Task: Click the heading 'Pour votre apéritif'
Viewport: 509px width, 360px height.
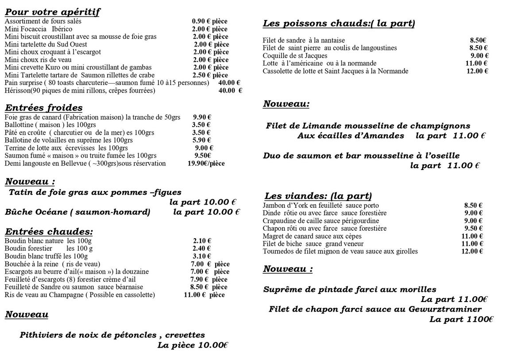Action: click(x=52, y=12)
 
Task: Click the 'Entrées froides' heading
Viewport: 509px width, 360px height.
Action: click(x=43, y=108)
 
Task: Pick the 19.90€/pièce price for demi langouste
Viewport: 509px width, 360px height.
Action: click(x=206, y=163)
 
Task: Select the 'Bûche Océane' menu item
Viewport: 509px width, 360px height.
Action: click(x=77, y=212)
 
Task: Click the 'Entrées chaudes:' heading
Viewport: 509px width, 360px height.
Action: click(x=49, y=231)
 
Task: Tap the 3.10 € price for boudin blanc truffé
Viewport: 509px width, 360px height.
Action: click(x=202, y=256)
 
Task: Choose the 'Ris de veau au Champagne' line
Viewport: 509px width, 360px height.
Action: click(x=80, y=294)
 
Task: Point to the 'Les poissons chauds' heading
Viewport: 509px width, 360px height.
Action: click(x=339, y=23)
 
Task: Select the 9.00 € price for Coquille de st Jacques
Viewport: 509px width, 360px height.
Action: click(x=479, y=56)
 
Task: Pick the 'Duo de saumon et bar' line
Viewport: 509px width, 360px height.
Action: click(x=361, y=156)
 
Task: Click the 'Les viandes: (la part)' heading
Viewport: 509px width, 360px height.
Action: click(x=318, y=196)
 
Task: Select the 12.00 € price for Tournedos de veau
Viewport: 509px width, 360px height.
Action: click(x=472, y=252)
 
